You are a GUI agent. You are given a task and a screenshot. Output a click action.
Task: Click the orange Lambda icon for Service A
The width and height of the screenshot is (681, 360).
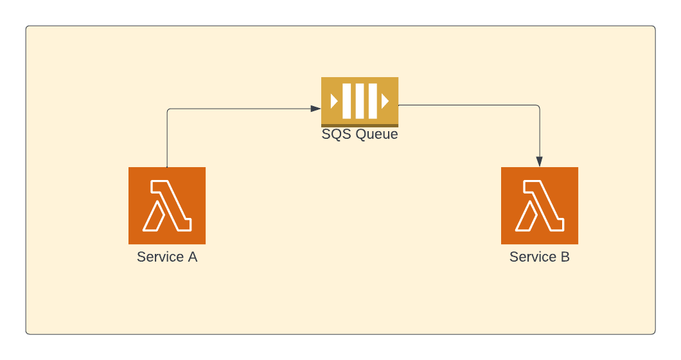pos(167,206)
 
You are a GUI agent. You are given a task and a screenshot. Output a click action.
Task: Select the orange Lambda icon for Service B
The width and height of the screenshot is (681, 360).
pos(540,206)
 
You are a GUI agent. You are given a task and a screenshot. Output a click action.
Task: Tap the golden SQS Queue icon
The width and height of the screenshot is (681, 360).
pos(360,102)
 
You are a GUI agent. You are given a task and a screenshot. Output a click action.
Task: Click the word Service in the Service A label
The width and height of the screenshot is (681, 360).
pos(161,257)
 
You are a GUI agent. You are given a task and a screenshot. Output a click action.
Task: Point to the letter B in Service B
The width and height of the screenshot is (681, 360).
pos(565,257)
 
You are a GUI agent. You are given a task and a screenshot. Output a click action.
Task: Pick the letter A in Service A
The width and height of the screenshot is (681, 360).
pos(192,257)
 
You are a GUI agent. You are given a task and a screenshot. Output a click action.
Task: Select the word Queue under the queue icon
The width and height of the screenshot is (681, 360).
pos(376,134)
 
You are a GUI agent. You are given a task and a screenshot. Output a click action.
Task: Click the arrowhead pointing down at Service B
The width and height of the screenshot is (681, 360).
pos(540,161)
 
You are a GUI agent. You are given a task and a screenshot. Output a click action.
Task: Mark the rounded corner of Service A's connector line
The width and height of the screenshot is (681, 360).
pos(168,110)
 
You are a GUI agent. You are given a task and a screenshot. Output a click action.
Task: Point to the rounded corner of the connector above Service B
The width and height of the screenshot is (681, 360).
pos(538,106)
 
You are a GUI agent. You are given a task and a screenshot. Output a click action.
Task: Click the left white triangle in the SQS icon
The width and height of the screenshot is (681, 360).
pos(334,101)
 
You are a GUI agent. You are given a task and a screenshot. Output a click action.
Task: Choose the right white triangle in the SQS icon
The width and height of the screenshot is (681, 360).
pos(385,101)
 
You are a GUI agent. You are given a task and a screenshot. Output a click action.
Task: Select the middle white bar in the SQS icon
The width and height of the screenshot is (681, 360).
pos(360,101)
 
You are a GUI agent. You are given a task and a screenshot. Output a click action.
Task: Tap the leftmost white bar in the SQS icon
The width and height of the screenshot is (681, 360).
pos(348,101)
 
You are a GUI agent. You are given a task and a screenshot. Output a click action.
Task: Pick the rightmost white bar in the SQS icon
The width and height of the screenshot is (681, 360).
pos(372,101)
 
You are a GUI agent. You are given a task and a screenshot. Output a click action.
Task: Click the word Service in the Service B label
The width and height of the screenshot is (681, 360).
pos(533,257)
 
